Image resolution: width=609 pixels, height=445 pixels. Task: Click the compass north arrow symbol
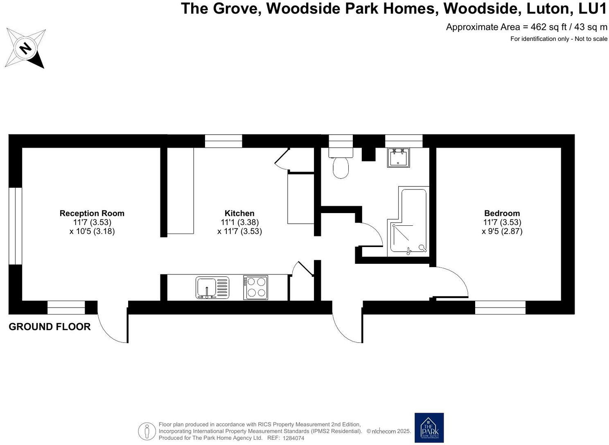point(25,48)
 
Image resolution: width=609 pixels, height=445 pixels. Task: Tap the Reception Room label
point(92,213)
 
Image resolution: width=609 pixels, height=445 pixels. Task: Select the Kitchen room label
point(239,213)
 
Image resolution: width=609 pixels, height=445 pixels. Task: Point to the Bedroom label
point(502,213)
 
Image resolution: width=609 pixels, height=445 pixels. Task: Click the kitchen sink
point(212,287)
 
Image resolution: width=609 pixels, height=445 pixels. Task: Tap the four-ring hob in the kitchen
point(256,287)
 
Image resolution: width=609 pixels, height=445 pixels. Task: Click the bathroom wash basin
point(399,157)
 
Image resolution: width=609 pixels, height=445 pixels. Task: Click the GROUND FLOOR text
point(50,327)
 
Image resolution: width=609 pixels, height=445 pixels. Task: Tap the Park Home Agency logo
point(429,427)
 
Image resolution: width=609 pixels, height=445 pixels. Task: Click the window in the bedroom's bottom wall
point(500,308)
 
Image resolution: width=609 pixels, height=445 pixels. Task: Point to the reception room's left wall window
point(15,226)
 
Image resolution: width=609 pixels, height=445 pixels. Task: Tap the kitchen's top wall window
point(223,141)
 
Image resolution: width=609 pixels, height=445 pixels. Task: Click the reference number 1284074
point(292,438)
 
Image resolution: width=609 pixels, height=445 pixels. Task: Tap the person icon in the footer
point(147,431)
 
